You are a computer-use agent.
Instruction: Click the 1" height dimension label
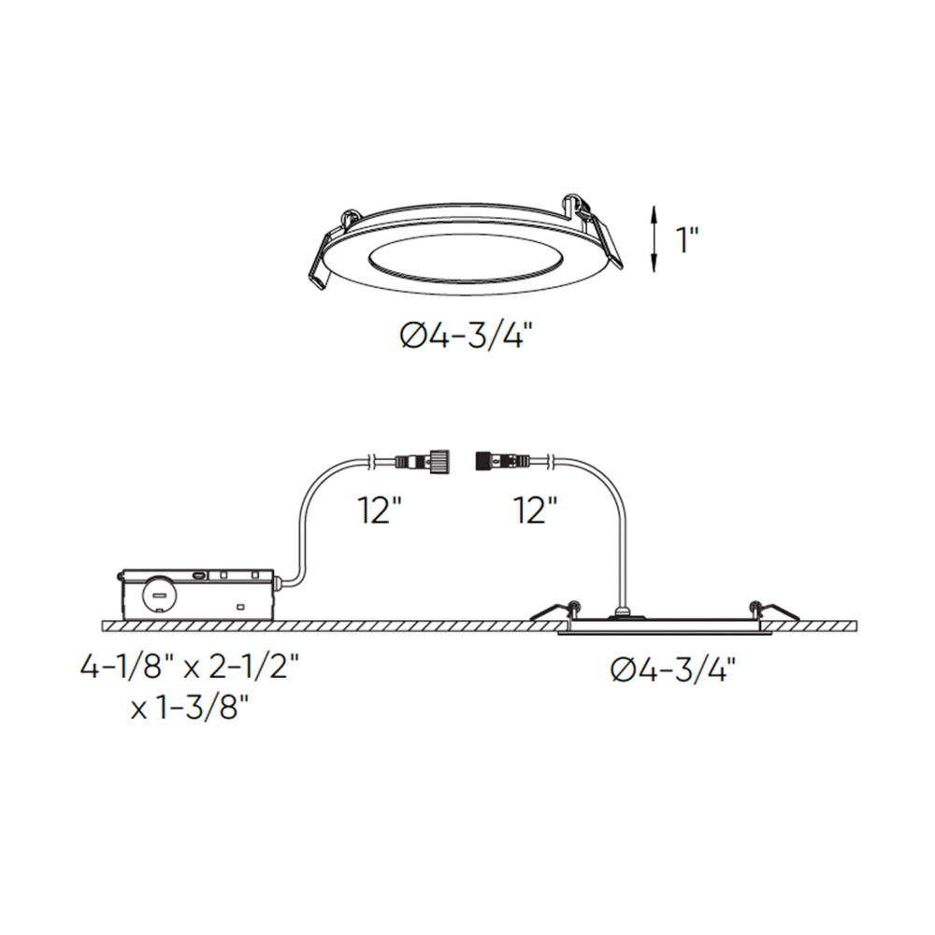coord(686,239)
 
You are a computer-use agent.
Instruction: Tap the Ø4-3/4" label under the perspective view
coord(465,338)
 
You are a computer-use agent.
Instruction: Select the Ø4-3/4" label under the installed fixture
coord(672,670)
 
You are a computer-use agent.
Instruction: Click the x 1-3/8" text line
coord(189,710)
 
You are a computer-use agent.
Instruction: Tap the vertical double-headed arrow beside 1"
coord(654,239)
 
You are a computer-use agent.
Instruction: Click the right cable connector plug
coord(502,461)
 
